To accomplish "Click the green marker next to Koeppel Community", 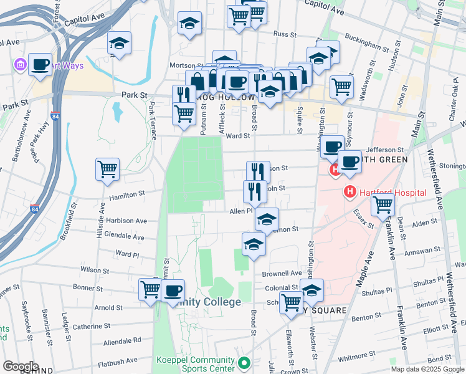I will tap(244, 362).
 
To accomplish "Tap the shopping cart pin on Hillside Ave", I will tap(108, 169).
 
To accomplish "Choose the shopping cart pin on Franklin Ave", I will tap(383, 204).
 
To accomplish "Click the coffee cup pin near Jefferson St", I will tap(332, 146).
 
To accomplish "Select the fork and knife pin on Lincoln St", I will tap(255, 191).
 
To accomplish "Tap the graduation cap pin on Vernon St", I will tap(267, 220).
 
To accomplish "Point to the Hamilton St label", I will tap(127, 196).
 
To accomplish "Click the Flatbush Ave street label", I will tap(117, 362).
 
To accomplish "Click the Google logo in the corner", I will tap(21, 367).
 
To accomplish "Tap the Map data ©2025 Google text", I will tap(427, 369).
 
